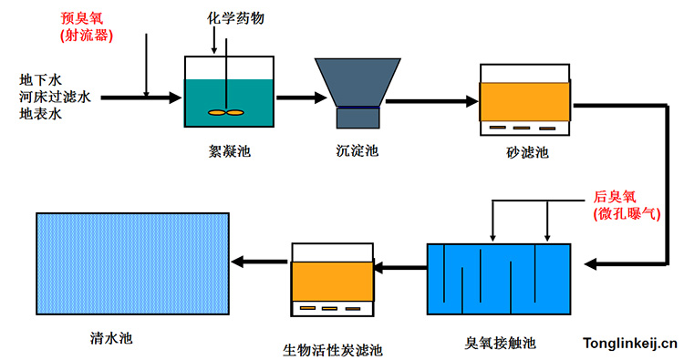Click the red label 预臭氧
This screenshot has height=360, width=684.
(x=81, y=17)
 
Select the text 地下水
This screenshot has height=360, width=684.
(x=39, y=78)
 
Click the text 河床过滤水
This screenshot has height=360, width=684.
(x=52, y=96)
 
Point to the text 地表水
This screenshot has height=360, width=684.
(x=39, y=113)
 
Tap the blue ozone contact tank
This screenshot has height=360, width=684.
(x=498, y=278)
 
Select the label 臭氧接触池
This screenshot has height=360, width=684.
(x=499, y=344)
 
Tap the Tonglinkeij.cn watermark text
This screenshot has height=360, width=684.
(x=630, y=343)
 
